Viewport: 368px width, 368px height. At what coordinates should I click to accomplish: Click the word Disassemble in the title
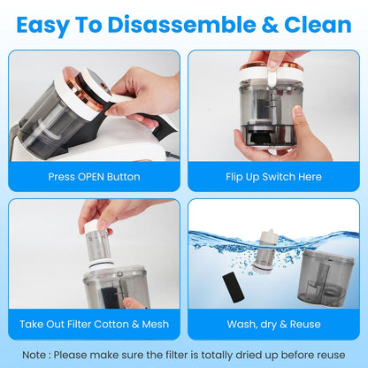(x=181, y=25)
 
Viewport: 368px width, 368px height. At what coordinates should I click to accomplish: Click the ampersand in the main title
(x=270, y=25)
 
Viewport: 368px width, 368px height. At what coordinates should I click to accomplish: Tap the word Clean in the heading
(x=318, y=25)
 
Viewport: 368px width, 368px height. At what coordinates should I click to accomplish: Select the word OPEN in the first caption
(x=90, y=177)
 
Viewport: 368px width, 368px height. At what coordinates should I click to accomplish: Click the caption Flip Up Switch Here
(x=273, y=177)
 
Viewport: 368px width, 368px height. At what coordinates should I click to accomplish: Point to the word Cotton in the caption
(x=111, y=325)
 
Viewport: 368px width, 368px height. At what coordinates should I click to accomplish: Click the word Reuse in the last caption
(x=305, y=325)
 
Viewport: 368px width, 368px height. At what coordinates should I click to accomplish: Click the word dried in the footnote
(x=249, y=355)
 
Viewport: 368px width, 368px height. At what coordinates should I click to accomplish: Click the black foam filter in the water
(x=233, y=287)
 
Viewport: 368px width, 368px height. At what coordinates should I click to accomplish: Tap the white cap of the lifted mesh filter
(x=95, y=226)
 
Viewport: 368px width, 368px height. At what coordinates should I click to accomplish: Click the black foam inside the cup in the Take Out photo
(x=111, y=298)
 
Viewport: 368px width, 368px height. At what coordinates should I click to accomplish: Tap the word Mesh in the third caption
(x=156, y=325)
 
